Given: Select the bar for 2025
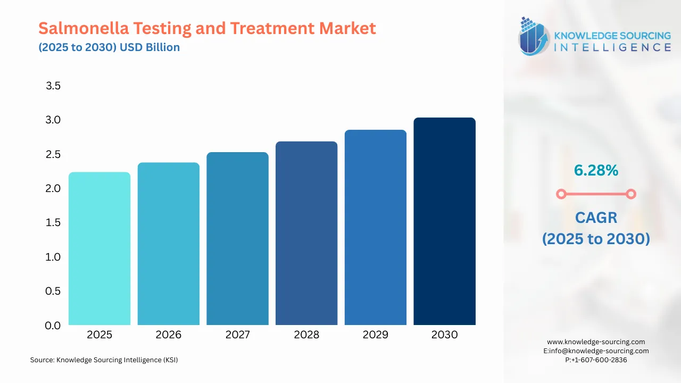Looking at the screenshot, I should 99,248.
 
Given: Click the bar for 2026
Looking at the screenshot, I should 168,244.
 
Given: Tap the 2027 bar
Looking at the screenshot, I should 237,239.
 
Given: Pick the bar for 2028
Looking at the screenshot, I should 306,233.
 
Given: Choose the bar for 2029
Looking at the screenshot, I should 375,228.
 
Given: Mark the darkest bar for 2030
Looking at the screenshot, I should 444,221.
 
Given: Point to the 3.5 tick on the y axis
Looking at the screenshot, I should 53,86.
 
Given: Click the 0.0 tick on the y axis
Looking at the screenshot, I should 53,325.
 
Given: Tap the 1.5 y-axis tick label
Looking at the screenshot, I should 53,222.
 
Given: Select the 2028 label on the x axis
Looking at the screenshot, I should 306,335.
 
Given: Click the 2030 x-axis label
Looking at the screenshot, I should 444,335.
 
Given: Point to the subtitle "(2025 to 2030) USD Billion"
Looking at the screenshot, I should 109,47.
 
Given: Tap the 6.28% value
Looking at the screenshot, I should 596,170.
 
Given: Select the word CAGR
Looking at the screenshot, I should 596,217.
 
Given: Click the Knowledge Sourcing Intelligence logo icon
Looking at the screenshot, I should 534,36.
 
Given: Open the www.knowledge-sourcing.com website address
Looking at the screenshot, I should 596,342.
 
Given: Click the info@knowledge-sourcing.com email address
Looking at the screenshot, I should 601,351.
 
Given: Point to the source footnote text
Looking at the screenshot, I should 104,360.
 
